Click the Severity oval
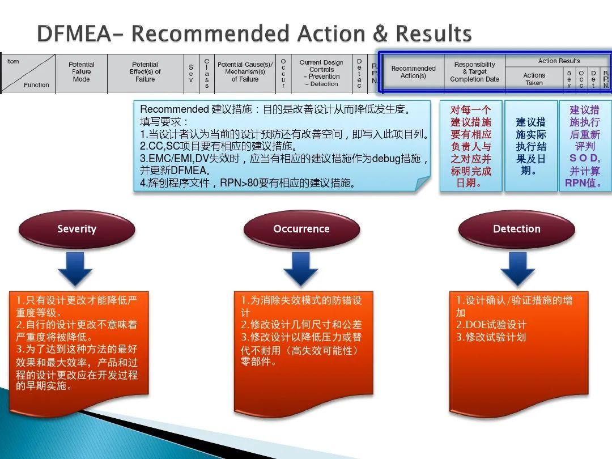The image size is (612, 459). tap(76, 229)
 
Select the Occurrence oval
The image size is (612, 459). tap(301, 229)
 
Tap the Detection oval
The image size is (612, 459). tap(516, 229)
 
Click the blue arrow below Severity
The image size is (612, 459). tap(75, 268)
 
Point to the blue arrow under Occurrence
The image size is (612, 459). tap(300, 268)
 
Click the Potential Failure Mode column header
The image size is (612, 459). tap(81, 72)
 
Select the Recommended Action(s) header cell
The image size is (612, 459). tap(413, 72)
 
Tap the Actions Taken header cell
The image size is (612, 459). tap(534, 79)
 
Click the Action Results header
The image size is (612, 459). tap(558, 61)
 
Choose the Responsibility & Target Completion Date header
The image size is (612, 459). tap(474, 72)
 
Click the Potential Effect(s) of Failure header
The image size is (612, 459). tap(145, 72)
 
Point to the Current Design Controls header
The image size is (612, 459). tap(321, 73)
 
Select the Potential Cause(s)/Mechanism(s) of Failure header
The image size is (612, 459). tap(245, 72)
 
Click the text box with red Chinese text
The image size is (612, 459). tap(470, 146)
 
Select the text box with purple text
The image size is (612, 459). tap(584, 146)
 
